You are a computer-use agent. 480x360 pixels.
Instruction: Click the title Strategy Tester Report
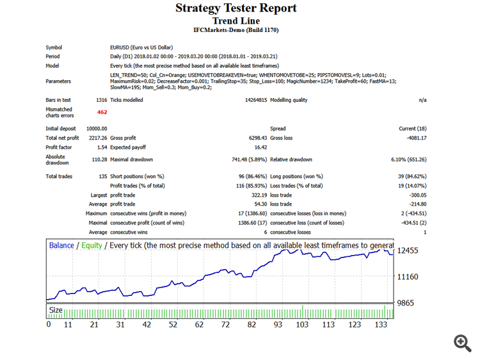click(x=236, y=8)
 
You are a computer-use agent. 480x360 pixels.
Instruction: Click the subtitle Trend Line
click(x=236, y=20)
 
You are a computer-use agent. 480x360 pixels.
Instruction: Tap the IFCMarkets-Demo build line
click(x=236, y=30)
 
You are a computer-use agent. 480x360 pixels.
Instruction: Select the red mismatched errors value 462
click(x=102, y=112)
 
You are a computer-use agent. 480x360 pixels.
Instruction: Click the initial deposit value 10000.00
click(x=97, y=129)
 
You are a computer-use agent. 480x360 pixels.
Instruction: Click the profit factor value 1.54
click(x=101, y=147)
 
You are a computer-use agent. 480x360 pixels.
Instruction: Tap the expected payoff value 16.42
click(x=260, y=147)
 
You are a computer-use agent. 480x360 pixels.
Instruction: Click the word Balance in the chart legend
click(x=61, y=245)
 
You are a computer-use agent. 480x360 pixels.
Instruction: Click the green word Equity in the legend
click(x=90, y=245)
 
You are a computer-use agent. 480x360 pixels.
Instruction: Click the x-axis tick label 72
click(x=225, y=325)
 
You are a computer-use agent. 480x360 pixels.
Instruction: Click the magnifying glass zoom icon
click(x=462, y=342)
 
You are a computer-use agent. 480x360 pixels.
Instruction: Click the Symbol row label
click(x=54, y=47)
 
